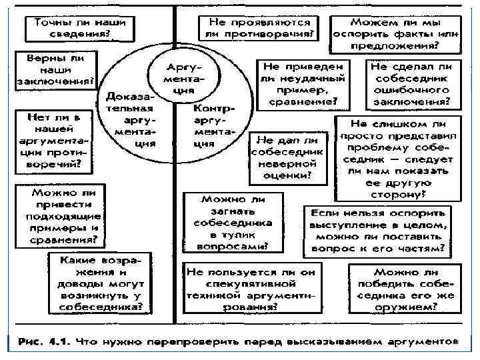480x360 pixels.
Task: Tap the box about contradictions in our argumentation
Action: (x=55, y=139)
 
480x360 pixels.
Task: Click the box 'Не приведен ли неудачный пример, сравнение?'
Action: (x=304, y=83)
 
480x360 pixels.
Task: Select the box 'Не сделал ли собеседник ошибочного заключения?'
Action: (x=410, y=84)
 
